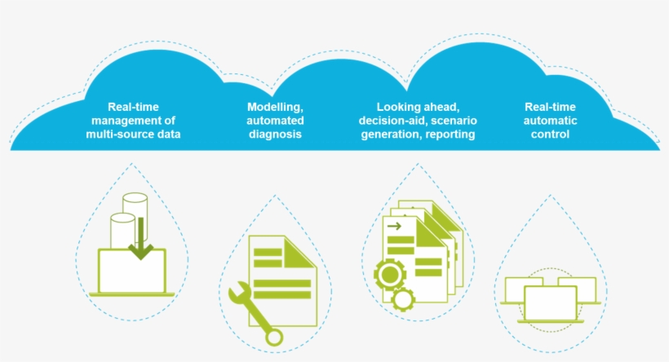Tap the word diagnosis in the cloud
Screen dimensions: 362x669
tap(275, 135)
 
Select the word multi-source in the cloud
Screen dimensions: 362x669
tap(116, 135)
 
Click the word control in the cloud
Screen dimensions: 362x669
tap(550, 135)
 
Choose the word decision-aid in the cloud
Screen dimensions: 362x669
tap(390, 121)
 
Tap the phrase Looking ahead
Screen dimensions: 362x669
tap(419, 108)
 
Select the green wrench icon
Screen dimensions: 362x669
tap(256, 313)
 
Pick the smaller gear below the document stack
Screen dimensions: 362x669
tap(402, 300)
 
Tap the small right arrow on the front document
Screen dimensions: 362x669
tap(395, 226)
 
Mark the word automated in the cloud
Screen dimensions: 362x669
tap(275, 121)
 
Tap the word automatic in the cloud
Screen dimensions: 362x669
tap(551, 121)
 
